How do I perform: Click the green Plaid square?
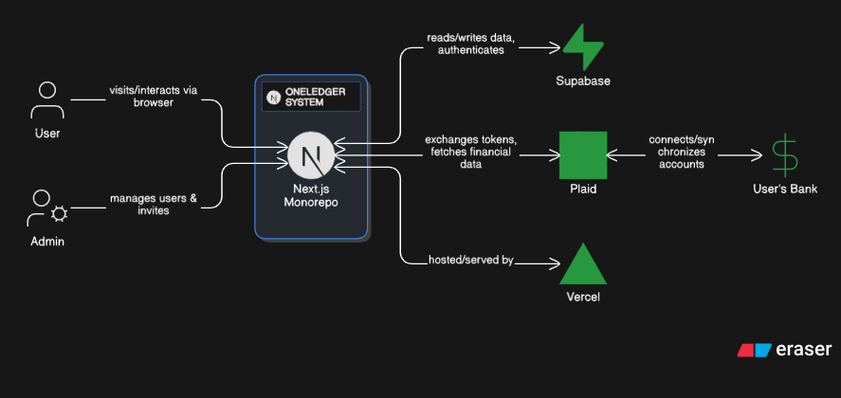pos(582,154)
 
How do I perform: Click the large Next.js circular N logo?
pos(311,155)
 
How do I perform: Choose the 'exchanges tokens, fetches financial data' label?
pos(471,152)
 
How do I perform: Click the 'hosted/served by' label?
pos(470,260)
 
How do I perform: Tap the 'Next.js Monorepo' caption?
pos(311,196)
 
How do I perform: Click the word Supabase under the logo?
pos(583,81)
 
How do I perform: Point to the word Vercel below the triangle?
pos(583,298)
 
